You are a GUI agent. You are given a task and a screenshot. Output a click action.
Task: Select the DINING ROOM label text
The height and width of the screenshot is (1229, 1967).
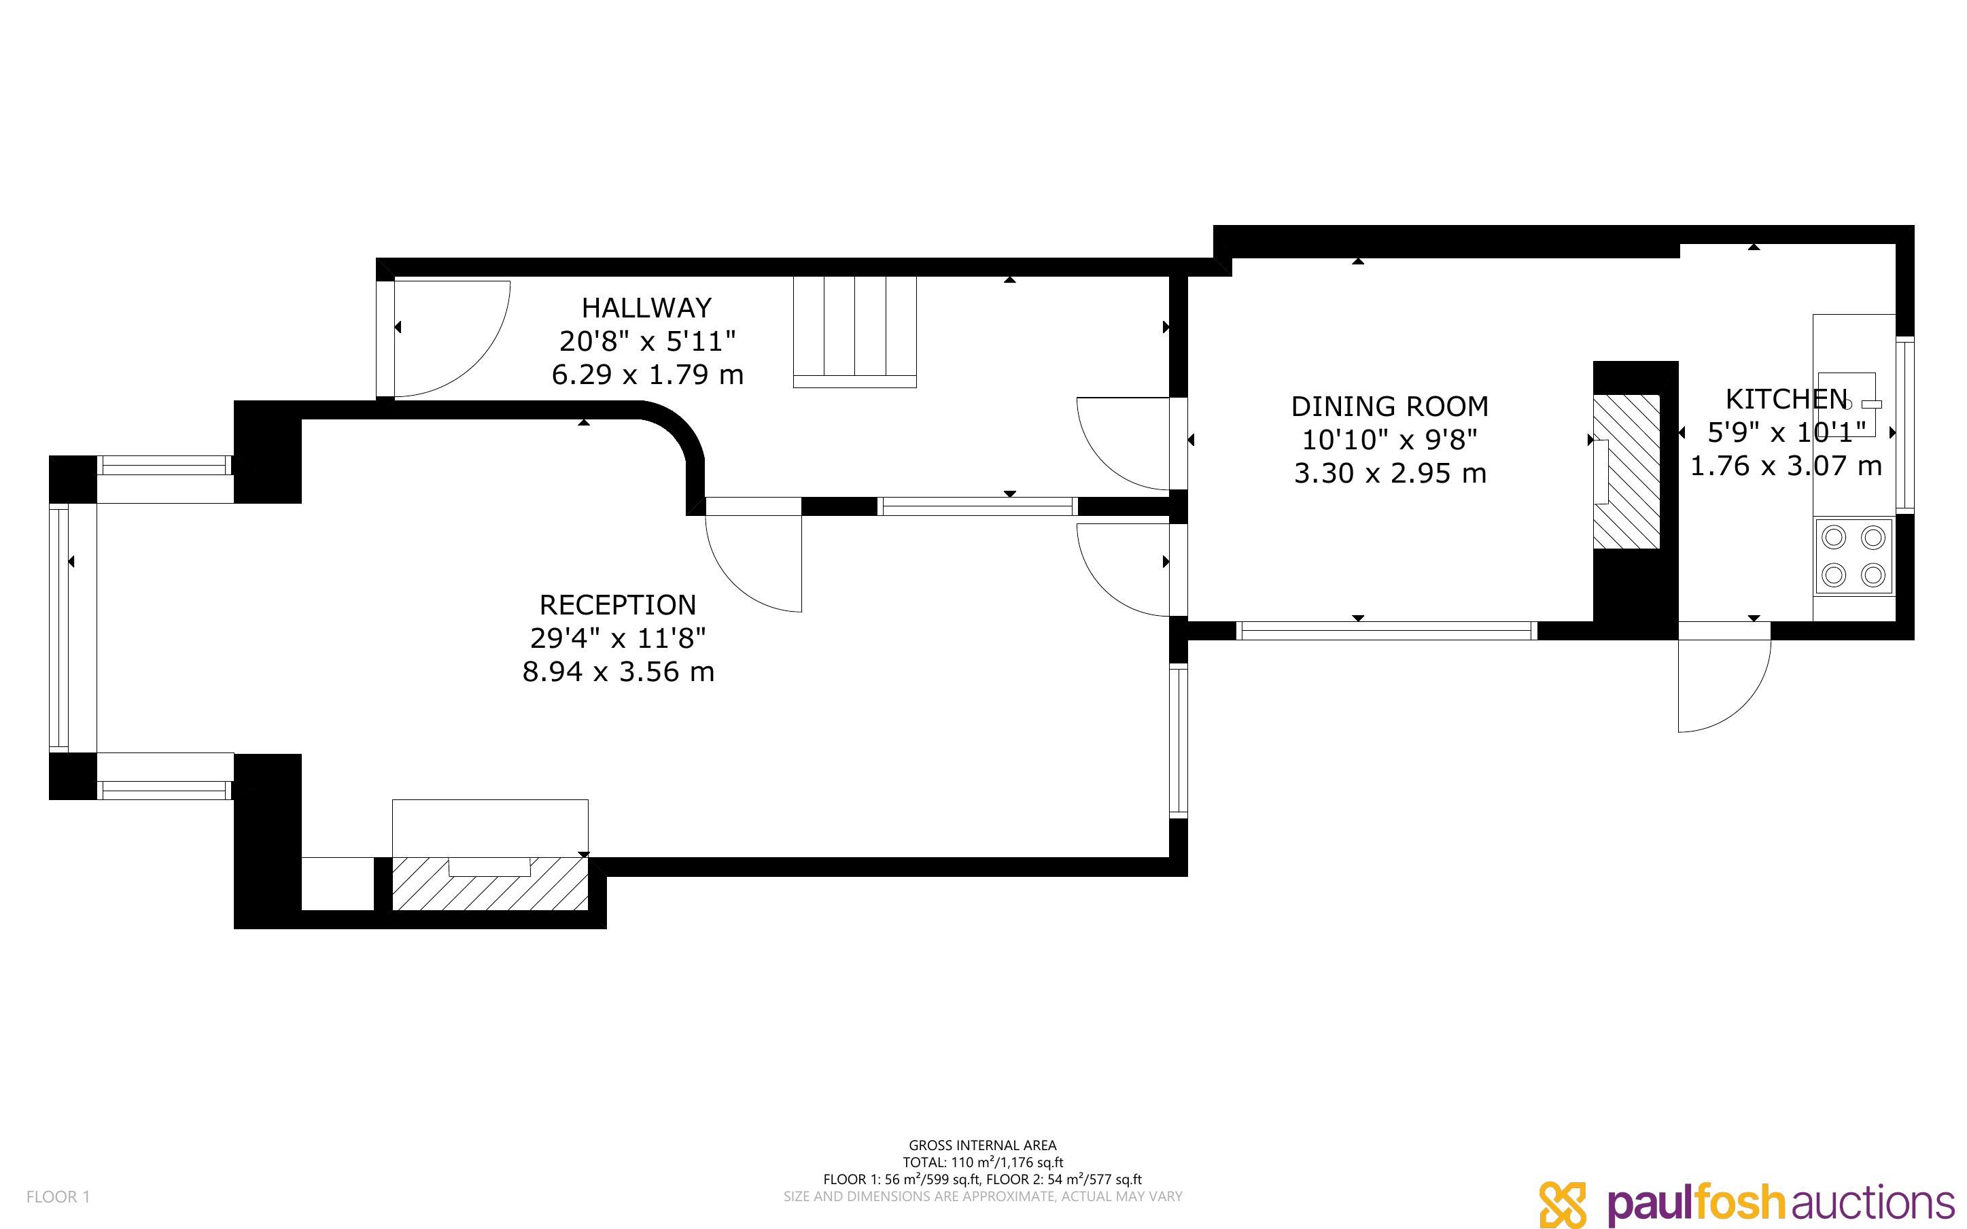[x=1389, y=406]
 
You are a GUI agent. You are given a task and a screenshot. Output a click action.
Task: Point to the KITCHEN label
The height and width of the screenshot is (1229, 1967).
[x=1786, y=399]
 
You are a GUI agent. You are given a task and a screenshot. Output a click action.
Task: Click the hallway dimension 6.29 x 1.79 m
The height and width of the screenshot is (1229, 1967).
[x=648, y=375]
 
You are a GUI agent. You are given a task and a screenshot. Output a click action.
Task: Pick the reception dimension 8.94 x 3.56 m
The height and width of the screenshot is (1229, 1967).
[x=619, y=672]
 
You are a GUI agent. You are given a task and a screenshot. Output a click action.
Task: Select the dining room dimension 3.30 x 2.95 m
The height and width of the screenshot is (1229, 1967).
[x=1389, y=473]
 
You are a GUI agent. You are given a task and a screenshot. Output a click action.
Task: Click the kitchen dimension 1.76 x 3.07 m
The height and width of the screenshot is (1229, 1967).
[x=1786, y=466]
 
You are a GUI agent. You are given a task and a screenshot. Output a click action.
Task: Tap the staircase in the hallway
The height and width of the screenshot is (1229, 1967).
[x=855, y=332]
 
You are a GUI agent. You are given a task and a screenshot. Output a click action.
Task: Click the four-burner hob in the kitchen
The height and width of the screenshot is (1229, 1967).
[x=1854, y=557]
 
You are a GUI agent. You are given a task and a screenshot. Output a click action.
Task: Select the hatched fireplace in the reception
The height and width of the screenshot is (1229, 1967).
[x=490, y=884]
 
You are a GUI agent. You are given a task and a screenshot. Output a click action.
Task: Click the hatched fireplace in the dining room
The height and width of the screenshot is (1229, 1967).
[x=1626, y=472]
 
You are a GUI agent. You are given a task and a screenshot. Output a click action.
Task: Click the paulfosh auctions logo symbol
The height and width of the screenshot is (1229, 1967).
[x=1562, y=1204]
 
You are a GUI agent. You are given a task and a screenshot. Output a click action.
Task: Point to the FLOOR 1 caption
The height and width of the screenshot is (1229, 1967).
[x=58, y=1196]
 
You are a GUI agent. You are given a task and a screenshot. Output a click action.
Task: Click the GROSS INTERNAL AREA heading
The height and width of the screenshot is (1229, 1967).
[x=982, y=1145]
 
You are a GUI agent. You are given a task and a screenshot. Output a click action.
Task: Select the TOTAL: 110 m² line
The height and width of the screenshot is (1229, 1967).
[x=982, y=1162]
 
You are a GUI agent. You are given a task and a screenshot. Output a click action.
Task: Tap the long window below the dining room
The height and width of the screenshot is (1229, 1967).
[x=1387, y=631]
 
